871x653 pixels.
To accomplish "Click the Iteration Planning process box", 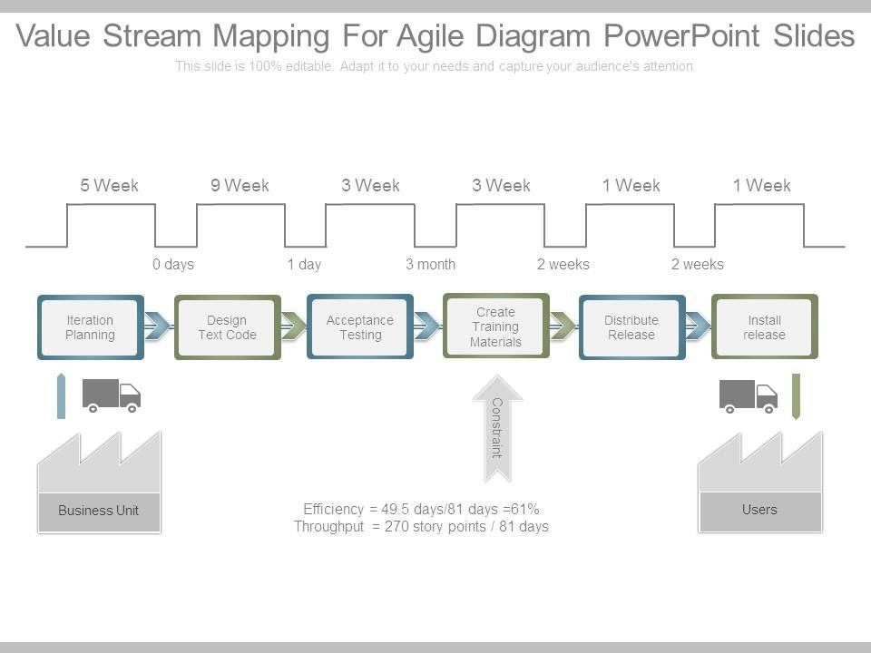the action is pyautogui.click(x=91, y=327).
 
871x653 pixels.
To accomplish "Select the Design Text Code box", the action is pyautogui.click(x=227, y=327).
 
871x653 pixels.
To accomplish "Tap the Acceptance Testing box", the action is pyautogui.click(x=360, y=327).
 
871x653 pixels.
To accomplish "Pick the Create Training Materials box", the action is pyautogui.click(x=496, y=326).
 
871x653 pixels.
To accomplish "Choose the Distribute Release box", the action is pyautogui.click(x=631, y=327).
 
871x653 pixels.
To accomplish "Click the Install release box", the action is pyautogui.click(x=764, y=327).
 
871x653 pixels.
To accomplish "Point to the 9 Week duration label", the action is pyautogui.click(x=240, y=185).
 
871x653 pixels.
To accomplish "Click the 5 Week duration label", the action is pyautogui.click(x=110, y=185).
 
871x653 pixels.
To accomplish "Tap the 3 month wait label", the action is pyautogui.click(x=430, y=264).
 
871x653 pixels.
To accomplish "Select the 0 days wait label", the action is pyautogui.click(x=173, y=264).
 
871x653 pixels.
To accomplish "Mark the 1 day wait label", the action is pyautogui.click(x=304, y=264).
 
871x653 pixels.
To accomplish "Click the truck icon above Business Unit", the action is pyautogui.click(x=111, y=395).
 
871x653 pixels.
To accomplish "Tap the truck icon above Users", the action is pyautogui.click(x=749, y=396).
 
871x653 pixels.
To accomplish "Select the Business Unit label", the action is pyautogui.click(x=98, y=511).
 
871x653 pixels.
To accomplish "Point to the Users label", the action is pyautogui.click(x=759, y=509).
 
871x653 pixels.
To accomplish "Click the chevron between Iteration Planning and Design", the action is pyautogui.click(x=158, y=326).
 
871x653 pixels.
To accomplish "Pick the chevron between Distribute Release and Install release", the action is pyautogui.click(x=699, y=326).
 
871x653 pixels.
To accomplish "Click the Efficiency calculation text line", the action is pyautogui.click(x=421, y=509).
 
